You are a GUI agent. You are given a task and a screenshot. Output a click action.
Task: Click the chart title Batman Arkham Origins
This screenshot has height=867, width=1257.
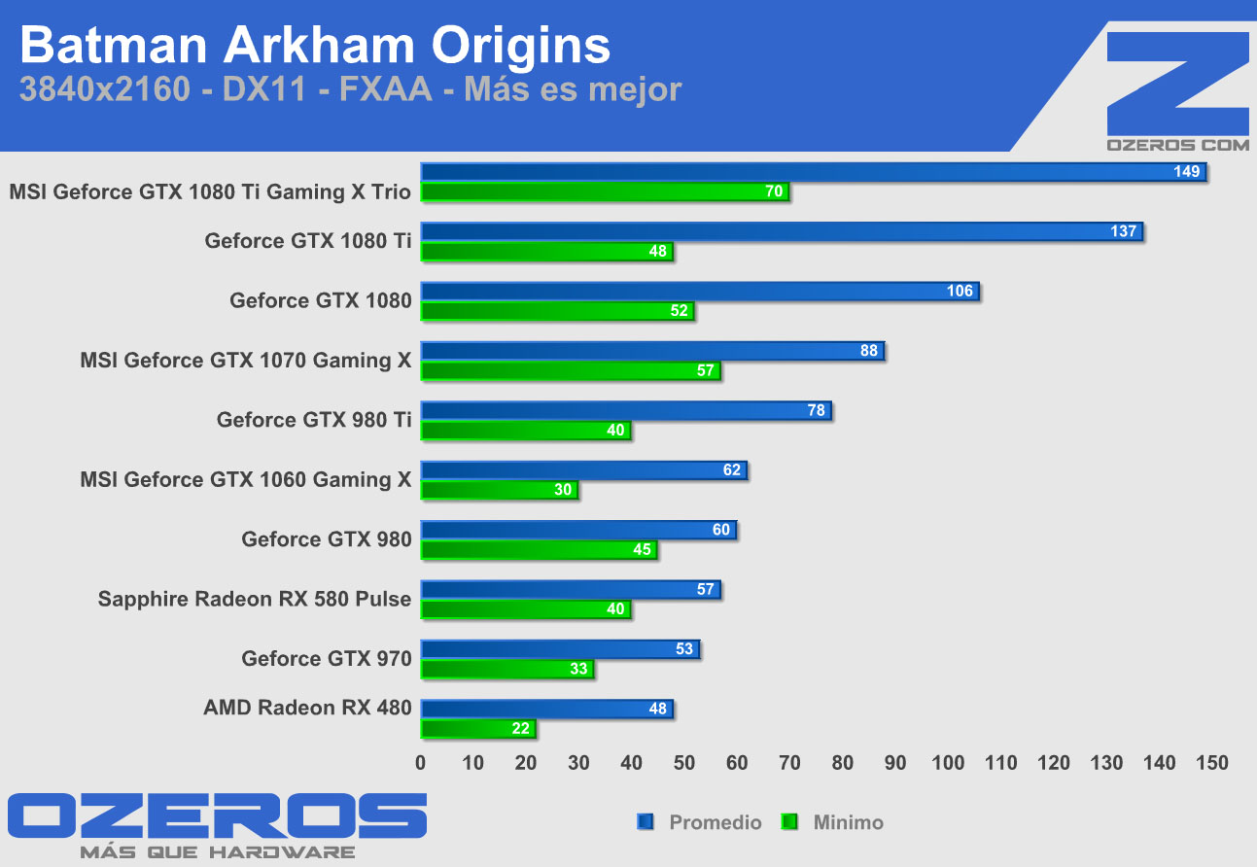[315, 46]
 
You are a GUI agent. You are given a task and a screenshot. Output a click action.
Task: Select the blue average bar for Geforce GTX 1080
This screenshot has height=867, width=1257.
[699, 292]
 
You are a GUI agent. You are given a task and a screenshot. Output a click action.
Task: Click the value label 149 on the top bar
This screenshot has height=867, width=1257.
[1187, 172]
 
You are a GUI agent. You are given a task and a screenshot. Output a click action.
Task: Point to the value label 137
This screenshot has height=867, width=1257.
[1124, 231]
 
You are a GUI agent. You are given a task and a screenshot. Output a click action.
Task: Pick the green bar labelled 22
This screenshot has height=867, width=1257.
[477, 729]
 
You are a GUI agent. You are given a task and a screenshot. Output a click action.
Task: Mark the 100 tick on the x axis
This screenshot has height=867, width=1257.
[948, 763]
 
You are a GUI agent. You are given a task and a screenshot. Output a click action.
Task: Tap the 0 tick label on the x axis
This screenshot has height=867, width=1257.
[421, 763]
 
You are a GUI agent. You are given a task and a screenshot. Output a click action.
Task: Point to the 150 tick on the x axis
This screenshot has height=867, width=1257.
[1211, 763]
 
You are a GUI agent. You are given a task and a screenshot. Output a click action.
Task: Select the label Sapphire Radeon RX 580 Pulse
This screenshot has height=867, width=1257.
[255, 599]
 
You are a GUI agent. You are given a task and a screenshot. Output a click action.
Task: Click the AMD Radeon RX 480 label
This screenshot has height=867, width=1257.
[307, 708]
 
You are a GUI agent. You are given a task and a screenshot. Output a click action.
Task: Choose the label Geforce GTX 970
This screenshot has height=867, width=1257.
[327, 659]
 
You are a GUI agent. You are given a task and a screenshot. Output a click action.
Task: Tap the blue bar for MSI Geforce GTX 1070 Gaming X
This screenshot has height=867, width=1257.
[651, 351]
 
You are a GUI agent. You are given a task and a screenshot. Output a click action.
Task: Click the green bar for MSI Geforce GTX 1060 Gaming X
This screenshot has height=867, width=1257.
[499, 490]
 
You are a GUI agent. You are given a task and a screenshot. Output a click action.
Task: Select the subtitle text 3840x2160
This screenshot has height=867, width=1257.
[104, 90]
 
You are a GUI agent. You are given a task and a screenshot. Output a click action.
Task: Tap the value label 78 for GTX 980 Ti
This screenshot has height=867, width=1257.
[817, 410]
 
